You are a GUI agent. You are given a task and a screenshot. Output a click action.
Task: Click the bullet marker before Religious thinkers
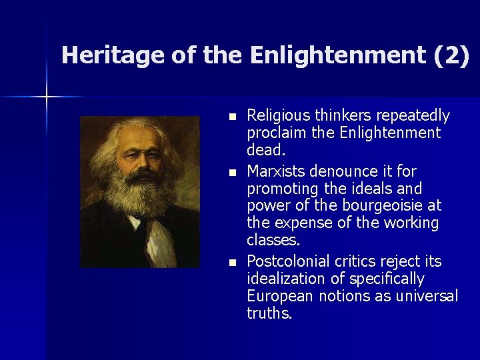[231, 117]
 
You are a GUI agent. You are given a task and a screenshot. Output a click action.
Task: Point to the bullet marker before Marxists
[231, 172]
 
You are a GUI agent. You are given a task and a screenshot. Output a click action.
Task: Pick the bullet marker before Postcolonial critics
[231, 261]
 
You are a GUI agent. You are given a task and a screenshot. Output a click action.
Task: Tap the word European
[278, 296]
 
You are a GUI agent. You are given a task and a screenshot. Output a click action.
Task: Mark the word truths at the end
[269, 313]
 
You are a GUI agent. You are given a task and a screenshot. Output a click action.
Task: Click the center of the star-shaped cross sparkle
[47, 97]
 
